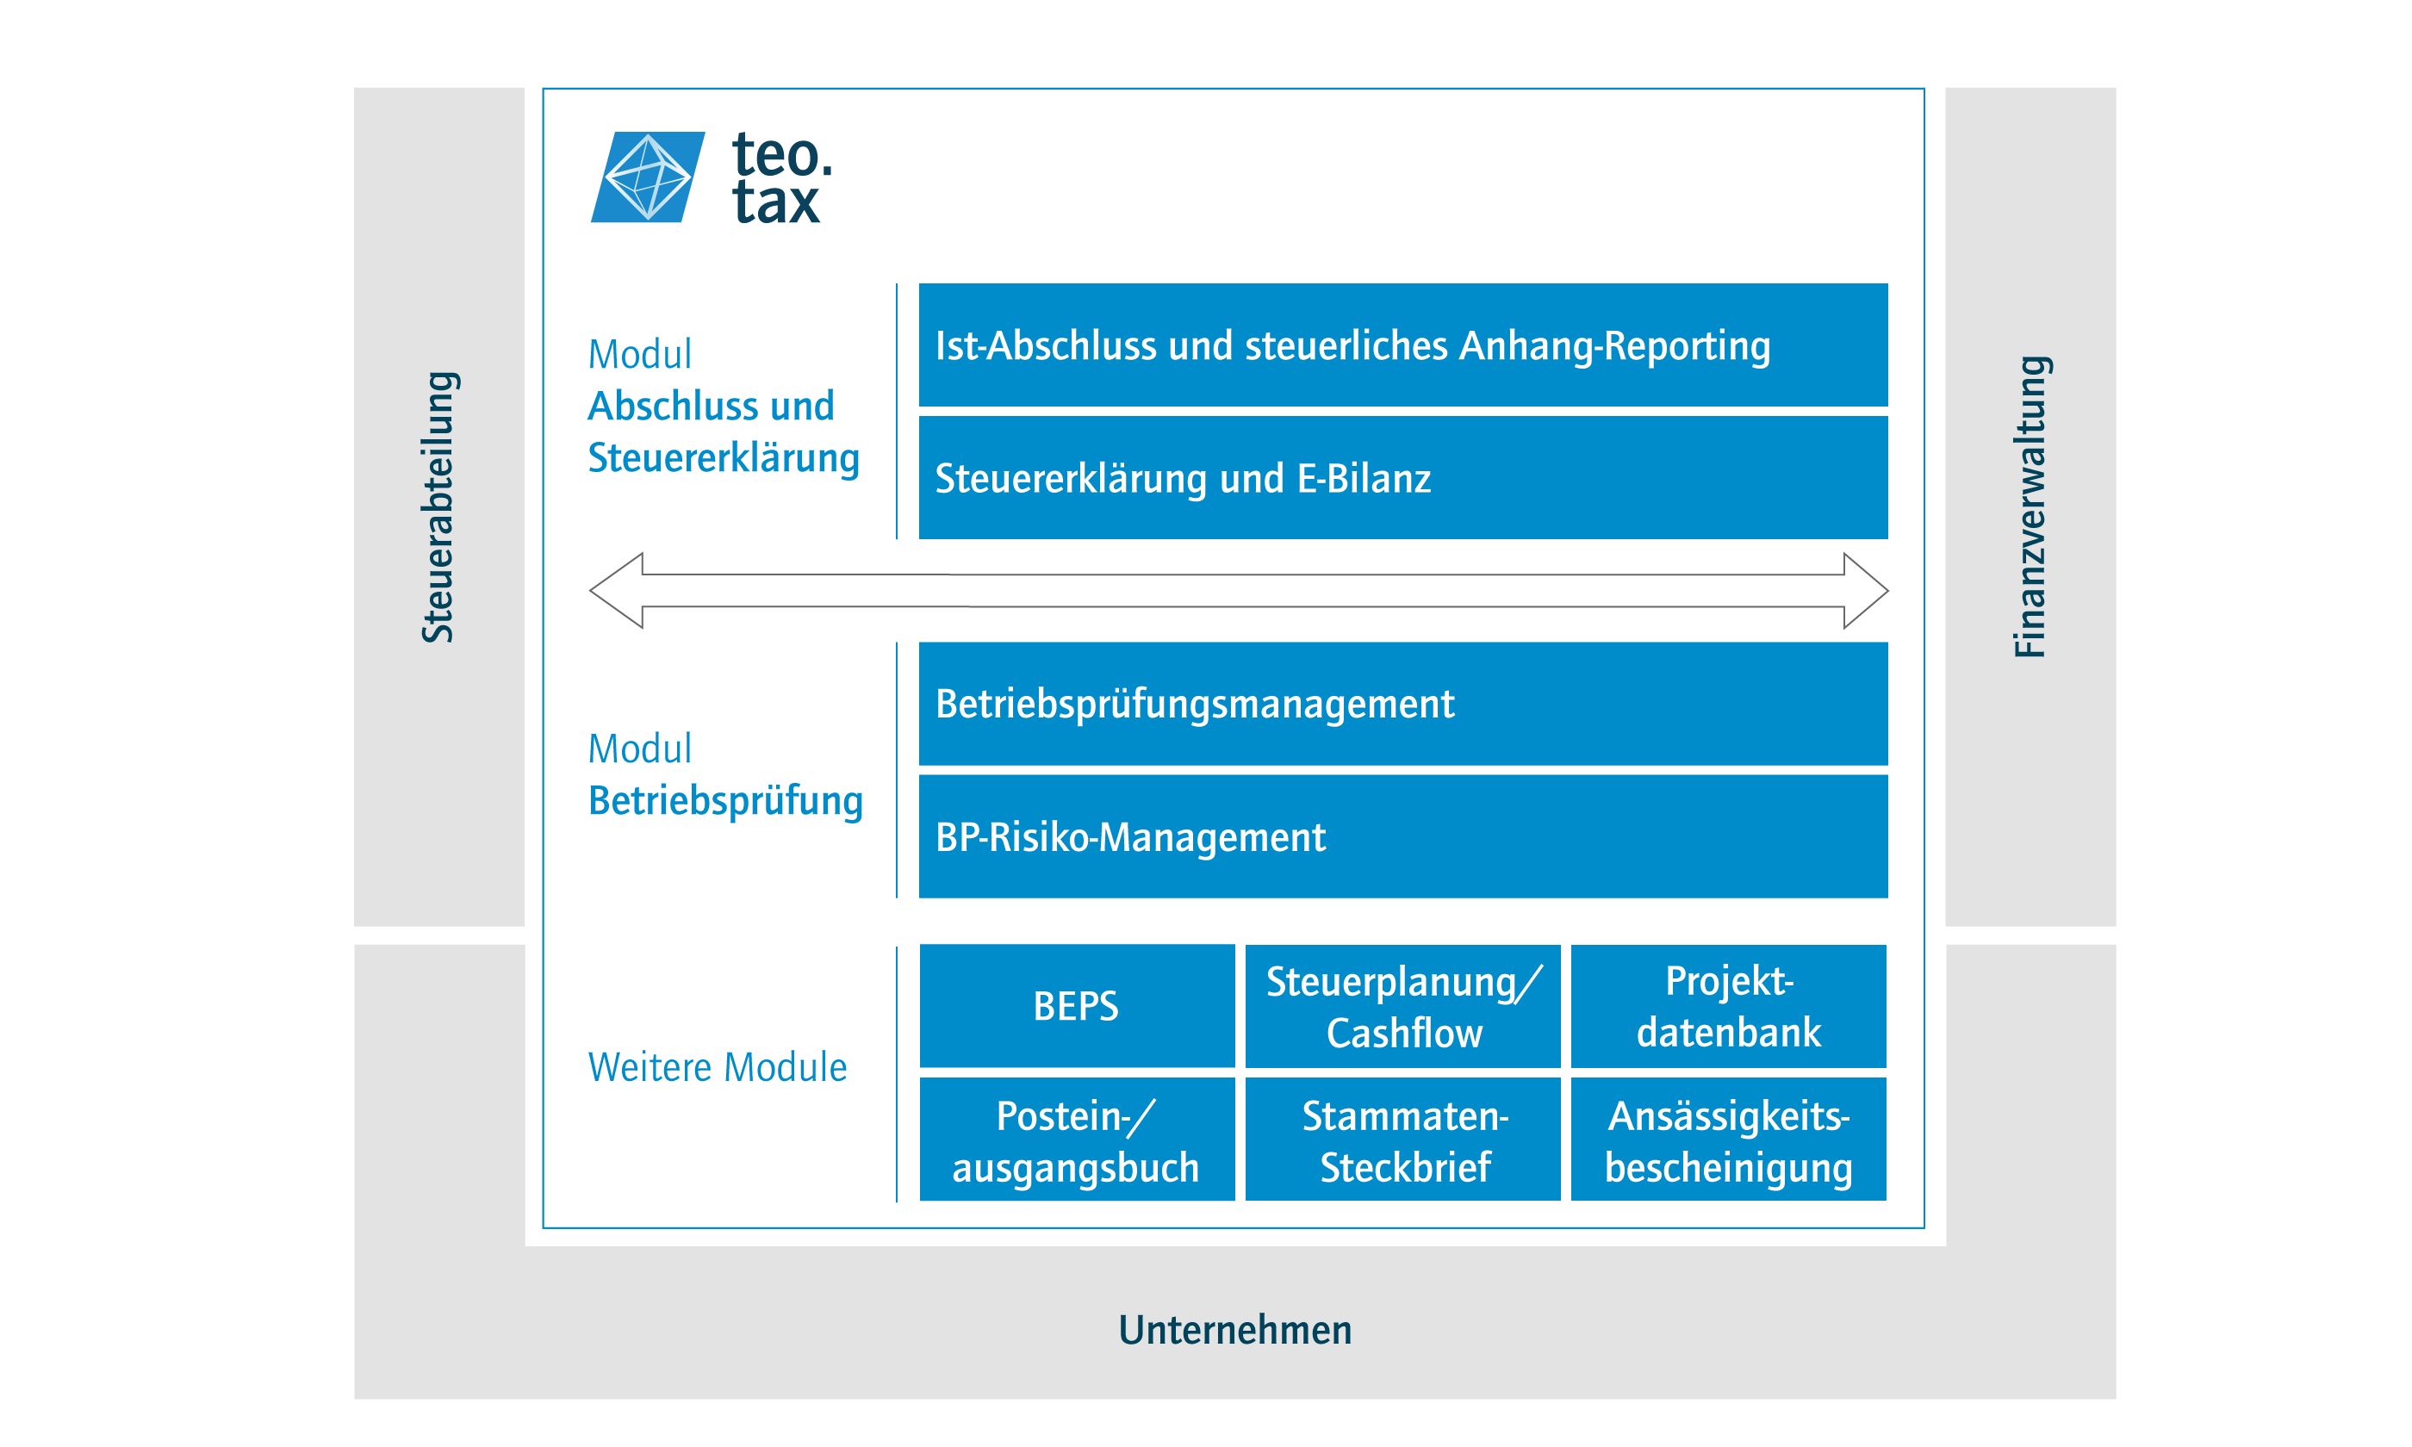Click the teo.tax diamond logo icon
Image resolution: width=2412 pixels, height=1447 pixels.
pos(647,177)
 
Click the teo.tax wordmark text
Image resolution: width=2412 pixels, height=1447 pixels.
pos(782,178)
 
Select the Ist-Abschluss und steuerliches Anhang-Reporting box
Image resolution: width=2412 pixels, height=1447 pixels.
pos(1403,345)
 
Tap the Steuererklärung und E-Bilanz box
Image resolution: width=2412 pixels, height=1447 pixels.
pos(1403,478)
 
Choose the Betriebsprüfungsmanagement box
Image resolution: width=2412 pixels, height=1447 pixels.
pos(1403,704)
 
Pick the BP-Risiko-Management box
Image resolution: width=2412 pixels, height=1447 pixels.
pos(1403,836)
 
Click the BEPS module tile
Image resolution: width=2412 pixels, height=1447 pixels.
pos(1078,1006)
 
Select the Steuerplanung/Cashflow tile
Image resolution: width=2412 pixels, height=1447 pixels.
pos(1403,1006)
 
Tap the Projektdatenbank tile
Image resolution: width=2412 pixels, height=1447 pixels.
pos(1729,1006)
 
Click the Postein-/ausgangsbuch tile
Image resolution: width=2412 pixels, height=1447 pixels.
pos(1078,1139)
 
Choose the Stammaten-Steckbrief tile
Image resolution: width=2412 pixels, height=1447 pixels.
pos(1403,1139)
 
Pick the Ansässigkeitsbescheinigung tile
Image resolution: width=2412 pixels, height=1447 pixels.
pos(1729,1139)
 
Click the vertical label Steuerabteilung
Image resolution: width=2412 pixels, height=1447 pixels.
pos(438,507)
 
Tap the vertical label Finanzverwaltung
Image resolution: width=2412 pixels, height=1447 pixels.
pos(2030,507)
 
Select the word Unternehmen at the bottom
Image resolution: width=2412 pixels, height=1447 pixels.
pos(1235,1330)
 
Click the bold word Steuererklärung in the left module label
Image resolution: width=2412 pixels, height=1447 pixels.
pos(724,458)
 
